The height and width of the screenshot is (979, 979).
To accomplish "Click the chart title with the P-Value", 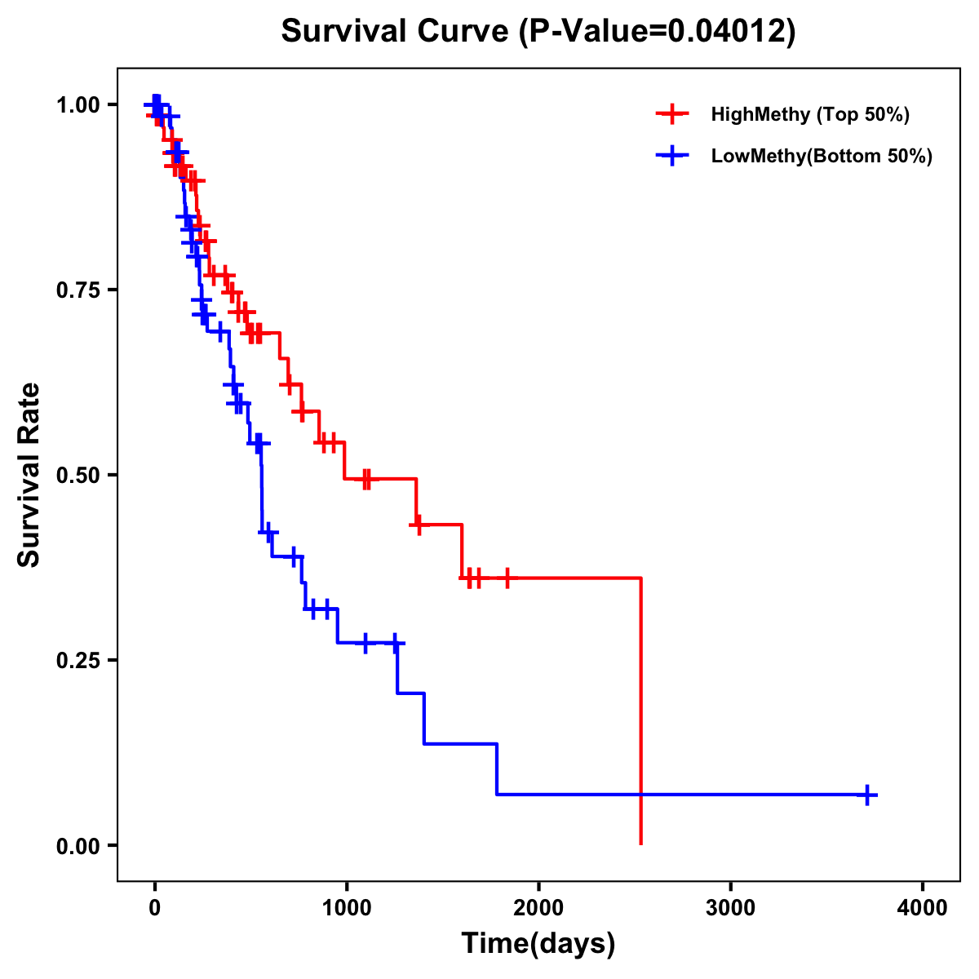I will coord(538,31).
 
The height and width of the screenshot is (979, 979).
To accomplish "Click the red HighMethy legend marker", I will coord(672,113).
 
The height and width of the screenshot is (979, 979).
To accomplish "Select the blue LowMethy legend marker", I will coord(672,156).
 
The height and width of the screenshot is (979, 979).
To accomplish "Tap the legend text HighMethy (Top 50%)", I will coord(809,114).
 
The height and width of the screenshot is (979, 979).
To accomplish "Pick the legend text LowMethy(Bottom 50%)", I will coord(821,157).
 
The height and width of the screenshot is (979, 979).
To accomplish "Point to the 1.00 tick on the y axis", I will coord(79,105).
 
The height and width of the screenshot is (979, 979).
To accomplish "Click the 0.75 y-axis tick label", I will coord(79,290).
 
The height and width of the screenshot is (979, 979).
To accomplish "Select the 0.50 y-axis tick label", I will coord(79,476).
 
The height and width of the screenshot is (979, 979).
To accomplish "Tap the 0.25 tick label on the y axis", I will coord(79,661).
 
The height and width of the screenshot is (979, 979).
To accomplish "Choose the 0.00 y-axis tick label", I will coord(79,846).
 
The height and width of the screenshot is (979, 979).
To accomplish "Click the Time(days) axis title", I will coord(538,944).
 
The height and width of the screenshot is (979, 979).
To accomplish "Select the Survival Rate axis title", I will coord(29,475).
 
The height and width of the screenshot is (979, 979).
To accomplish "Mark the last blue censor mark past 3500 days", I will coord(868,795).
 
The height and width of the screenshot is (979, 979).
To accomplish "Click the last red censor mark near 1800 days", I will coord(507,578).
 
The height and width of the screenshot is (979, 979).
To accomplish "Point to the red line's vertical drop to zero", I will coord(641,710).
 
